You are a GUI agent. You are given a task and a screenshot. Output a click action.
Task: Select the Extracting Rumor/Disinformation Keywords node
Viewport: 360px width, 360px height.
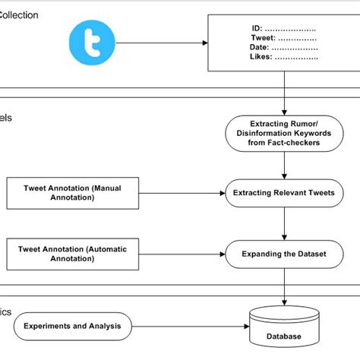pos(284,133)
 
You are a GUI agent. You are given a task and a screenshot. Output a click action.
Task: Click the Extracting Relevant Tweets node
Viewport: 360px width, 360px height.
pos(284,193)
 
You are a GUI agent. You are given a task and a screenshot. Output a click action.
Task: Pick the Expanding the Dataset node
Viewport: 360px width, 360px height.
pos(284,254)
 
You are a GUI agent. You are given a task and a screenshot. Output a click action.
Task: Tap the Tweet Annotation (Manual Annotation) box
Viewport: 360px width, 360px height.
pos(59,193)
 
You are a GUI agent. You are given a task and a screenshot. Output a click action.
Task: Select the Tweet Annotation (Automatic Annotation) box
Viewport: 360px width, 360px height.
pos(59,253)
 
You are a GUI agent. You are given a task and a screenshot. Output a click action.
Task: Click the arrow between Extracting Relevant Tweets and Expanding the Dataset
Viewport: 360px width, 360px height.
pos(284,223)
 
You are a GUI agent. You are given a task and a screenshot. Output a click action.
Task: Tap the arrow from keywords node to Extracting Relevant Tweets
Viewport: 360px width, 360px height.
pos(284,164)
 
